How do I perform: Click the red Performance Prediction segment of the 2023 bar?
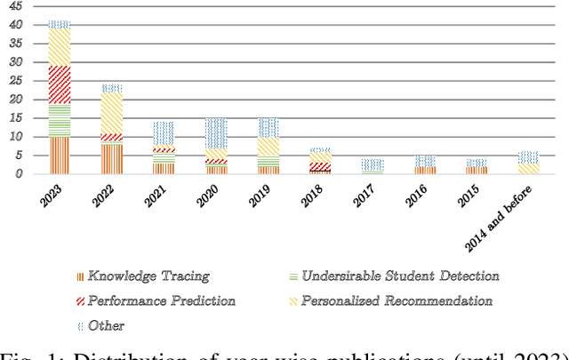click(60, 84)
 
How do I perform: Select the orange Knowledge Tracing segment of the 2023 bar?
click(60, 155)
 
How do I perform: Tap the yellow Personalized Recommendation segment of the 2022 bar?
click(112, 114)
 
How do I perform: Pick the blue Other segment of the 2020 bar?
click(217, 133)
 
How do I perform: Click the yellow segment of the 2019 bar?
click(269, 147)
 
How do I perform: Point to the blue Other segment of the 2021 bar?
click(164, 133)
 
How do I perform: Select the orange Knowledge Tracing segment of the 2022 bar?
click(112, 158)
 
